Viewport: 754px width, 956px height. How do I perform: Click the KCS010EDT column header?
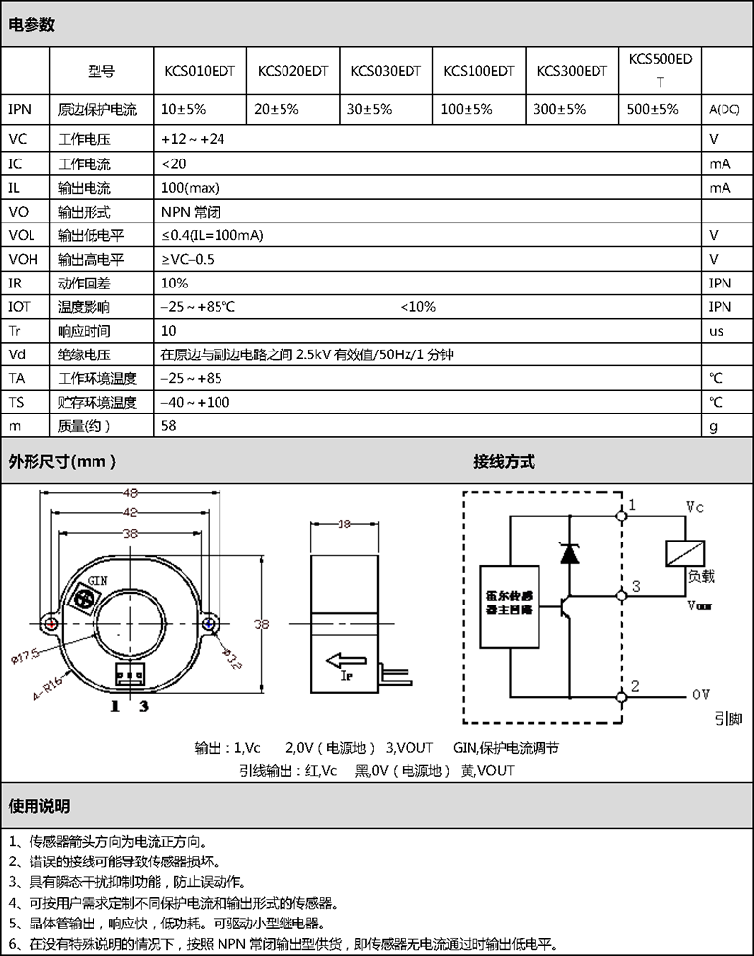[198, 71]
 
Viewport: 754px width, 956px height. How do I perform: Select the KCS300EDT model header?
[572, 71]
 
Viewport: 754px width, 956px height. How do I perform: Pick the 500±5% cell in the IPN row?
[653, 109]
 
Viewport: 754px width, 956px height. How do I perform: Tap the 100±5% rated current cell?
[467, 109]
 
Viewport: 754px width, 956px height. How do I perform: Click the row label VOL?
[21, 235]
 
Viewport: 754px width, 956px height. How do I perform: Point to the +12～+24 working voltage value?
[193, 139]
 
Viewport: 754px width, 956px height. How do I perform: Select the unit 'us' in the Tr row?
[716, 331]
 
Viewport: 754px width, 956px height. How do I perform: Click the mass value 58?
[169, 426]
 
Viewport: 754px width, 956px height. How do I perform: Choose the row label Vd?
[17, 354]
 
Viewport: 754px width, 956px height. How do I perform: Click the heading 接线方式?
[504, 461]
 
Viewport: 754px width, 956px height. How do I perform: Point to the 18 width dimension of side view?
[345, 525]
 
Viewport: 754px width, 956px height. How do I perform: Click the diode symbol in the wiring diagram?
[569, 552]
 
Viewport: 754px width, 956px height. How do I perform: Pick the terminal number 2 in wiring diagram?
[636, 685]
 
